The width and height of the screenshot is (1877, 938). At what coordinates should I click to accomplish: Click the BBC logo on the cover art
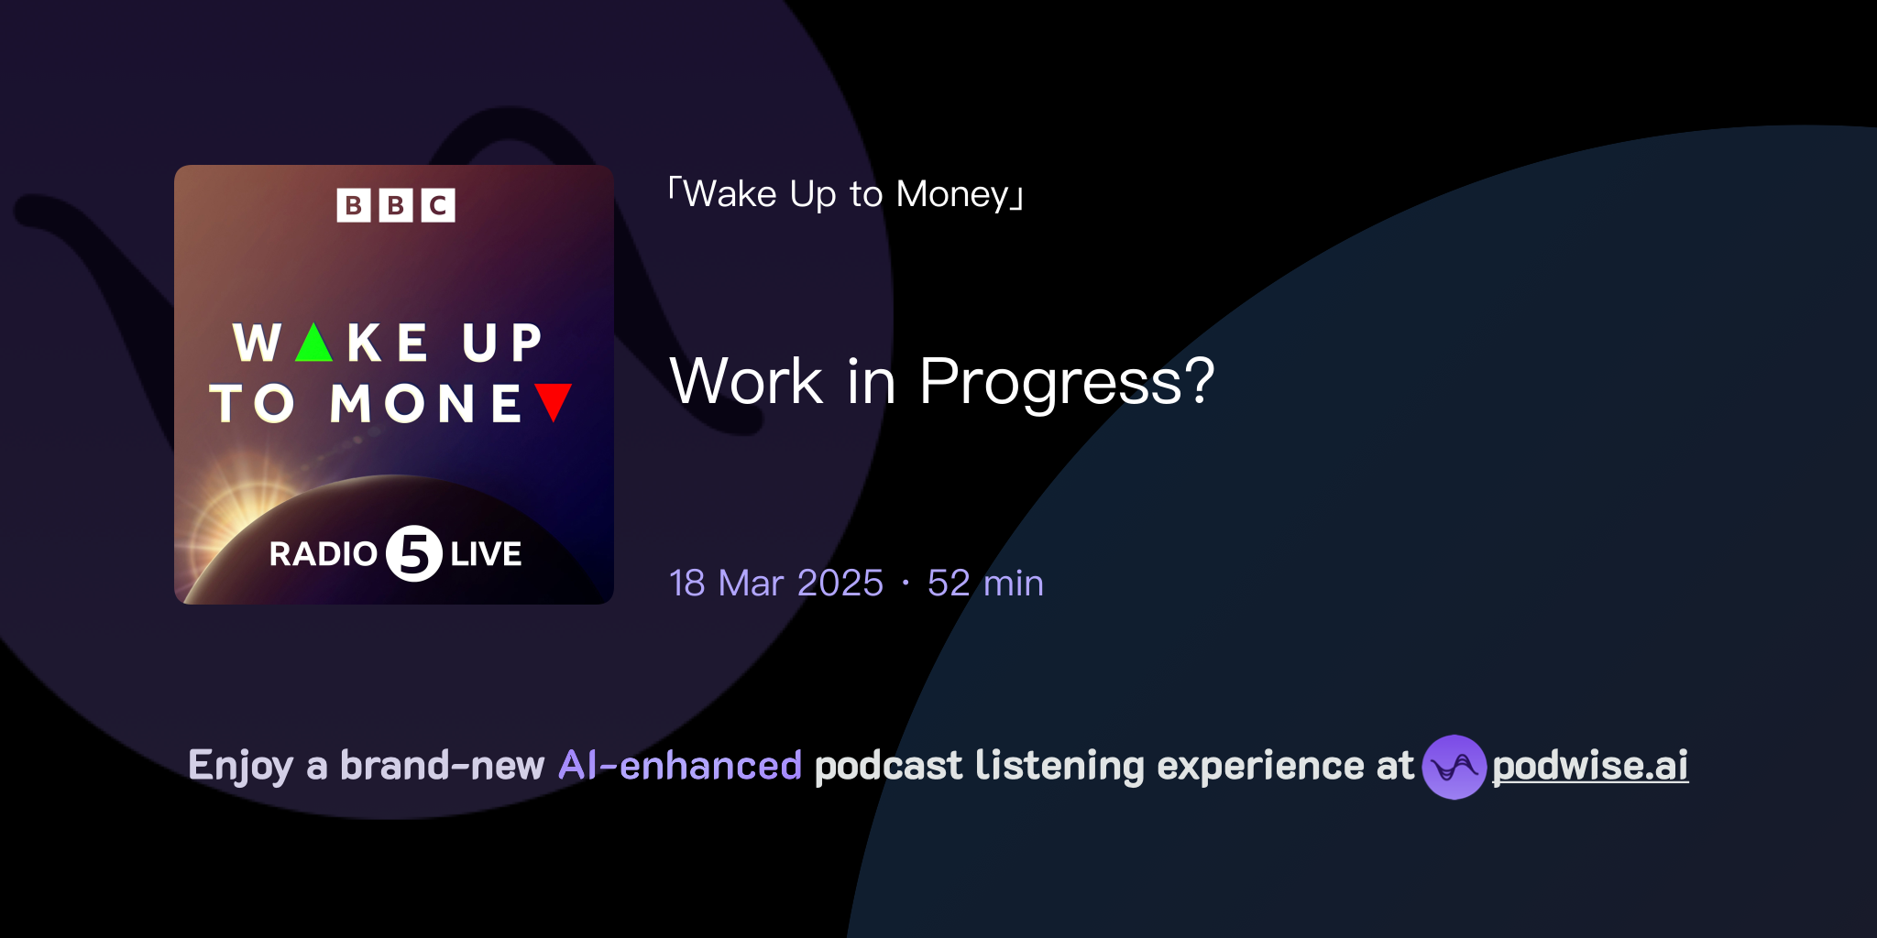(x=396, y=205)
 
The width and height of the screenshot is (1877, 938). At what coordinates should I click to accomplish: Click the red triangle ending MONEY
(x=554, y=401)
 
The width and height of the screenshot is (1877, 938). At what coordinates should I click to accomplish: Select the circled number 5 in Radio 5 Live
(x=413, y=553)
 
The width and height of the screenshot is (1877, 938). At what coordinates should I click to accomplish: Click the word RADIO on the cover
(x=323, y=554)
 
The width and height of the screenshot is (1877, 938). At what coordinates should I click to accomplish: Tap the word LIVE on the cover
(x=486, y=554)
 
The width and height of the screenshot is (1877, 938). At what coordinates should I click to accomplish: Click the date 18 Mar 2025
(x=776, y=584)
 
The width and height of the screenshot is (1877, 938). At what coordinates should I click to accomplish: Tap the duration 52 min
(x=985, y=584)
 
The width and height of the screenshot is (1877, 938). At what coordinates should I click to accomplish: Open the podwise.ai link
(x=1590, y=766)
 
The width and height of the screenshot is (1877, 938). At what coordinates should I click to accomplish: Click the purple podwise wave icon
(x=1454, y=767)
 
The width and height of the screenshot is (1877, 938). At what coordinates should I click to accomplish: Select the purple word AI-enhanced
(x=680, y=766)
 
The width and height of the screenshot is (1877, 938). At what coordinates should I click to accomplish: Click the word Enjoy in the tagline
(x=240, y=766)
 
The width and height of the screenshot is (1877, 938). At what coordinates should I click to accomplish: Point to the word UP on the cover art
(x=502, y=344)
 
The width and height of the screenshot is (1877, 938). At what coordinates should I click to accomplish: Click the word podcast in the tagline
(x=888, y=766)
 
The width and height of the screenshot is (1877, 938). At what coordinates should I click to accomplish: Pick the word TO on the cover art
(x=252, y=404)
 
